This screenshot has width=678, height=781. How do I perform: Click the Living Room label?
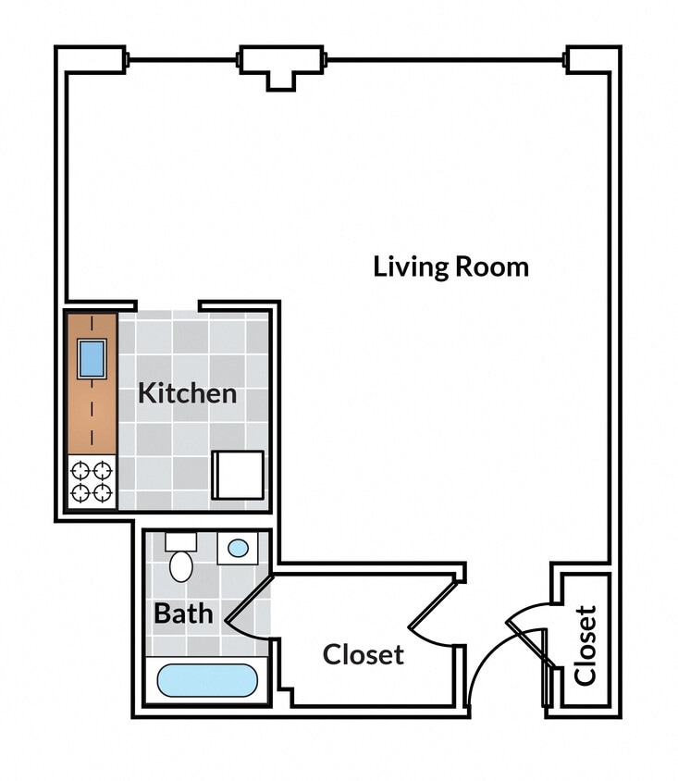[x=450, y=267]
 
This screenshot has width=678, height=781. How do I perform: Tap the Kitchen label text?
[x=187, y=393]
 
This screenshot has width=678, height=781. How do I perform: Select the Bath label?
[x=183, y=614]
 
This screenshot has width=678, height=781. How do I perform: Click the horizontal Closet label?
[x=363, y=655]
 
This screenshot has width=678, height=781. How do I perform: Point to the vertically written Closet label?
[x=585, y=645]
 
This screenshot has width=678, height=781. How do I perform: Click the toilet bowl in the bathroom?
[x=181, y=566]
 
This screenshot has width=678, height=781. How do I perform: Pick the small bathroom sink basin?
[x=238, y=549]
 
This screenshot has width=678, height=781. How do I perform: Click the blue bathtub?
[x=204, y=682]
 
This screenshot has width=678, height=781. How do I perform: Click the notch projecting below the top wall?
[x=281, y=80]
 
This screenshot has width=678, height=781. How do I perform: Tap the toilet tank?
[x=180, y=541]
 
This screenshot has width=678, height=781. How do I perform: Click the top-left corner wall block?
[x=90, y=59]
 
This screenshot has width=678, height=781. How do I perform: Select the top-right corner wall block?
[x=593, y=59]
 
